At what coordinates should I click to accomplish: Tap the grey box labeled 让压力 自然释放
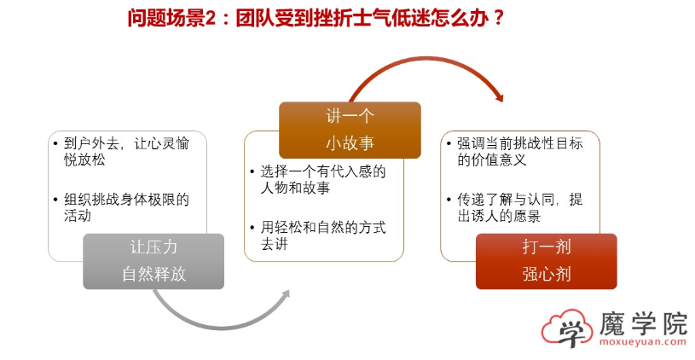153,260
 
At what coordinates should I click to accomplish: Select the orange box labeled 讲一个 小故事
350,130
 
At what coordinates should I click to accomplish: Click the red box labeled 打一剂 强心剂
546,260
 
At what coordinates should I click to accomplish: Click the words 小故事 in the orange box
350,142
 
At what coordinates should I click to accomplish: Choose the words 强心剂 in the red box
546,274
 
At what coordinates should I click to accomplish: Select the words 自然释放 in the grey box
153,274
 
